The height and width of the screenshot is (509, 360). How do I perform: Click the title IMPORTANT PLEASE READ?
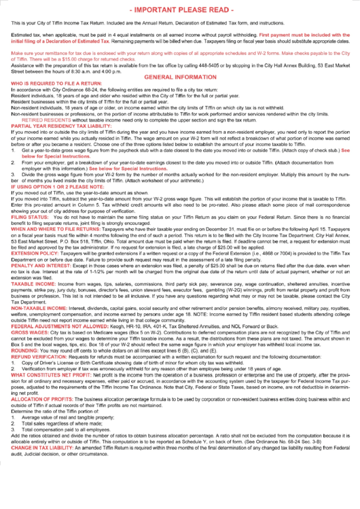pos(180,10)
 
